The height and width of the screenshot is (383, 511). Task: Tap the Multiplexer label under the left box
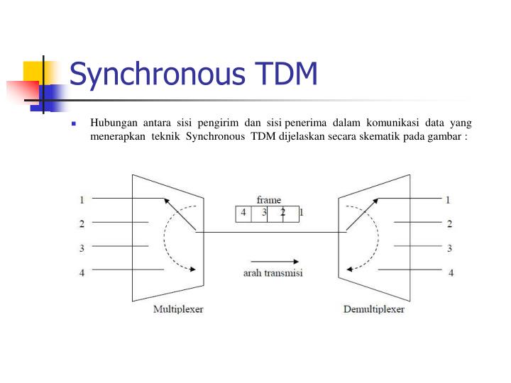(x=177, y=309)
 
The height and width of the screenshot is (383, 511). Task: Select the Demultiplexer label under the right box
(x=373, y=309)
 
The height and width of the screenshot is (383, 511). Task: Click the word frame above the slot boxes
(x=268, y=200)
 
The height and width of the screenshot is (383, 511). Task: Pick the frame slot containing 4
(x=243, y=213)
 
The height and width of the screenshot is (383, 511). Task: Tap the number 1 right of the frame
(x=302, y=212)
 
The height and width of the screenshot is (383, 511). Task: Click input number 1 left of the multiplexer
(x=82, y=199)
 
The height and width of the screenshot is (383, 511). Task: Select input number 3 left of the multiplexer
(x=82, y=248)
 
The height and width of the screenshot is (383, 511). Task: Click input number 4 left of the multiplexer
(x=82, y=272)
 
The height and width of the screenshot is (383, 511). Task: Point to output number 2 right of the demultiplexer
(x=449, y=224)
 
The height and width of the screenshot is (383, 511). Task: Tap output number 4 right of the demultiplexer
(x=451, y=272)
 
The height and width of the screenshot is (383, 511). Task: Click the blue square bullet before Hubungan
(x=73, y=123)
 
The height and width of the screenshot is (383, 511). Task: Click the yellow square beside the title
(x=33, y=72)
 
